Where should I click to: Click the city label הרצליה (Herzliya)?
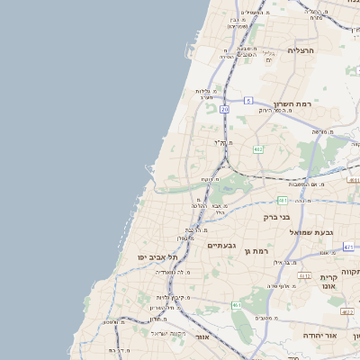point(305,50)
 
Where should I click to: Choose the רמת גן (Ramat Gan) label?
point(256,249)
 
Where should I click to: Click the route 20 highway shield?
point(224,108)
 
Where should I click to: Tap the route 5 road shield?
point(247,101)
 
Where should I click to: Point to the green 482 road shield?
point(257,148)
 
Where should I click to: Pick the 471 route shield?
point(283,200)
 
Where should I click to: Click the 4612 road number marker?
point(305,276)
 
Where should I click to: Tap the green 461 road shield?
point(236,306)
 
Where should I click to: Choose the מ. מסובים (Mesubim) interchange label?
point(265,318)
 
